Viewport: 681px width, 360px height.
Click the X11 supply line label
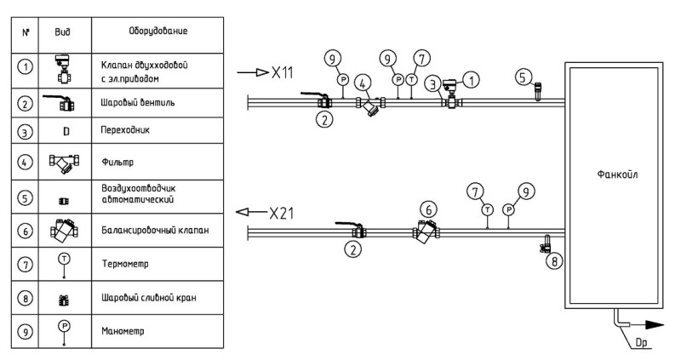coord(283,72)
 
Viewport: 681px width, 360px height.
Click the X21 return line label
coord(281,213)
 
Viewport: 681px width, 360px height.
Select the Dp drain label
coord(641,343)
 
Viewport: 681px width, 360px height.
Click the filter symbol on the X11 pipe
coord(370,106)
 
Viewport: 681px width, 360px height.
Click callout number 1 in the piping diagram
coord(472,80)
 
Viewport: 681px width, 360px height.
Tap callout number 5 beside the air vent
coord(524,77)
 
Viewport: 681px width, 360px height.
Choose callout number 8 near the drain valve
coord(554,261)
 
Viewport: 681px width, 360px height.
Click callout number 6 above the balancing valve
coord(429,210)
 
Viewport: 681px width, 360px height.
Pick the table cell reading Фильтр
coord(117,162)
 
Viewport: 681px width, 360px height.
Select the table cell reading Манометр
coord(123,331)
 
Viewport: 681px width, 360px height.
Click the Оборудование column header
coord(158,31)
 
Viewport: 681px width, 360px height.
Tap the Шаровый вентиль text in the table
coord(138,102)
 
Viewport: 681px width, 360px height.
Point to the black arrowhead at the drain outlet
coord(655,325)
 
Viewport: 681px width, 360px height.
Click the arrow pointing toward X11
coord(253,72)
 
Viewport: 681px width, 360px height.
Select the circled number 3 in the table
coord(25,131)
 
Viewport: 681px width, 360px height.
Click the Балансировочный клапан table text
coord(155,230)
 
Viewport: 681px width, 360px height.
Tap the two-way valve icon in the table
coord(64,69)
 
